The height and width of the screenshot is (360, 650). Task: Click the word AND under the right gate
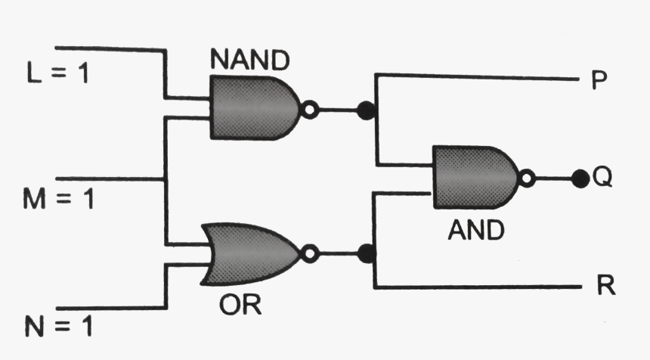click(x=475, y=229)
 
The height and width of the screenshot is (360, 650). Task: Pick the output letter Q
click(x=602, y=178)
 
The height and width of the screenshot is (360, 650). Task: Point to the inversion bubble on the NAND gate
click(x=308, y=110)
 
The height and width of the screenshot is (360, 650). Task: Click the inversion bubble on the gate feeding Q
click(x=528, y=178)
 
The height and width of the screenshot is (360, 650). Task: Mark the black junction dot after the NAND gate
click(x=367, y=110)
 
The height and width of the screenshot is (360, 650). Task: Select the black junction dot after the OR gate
click(x=367, y=253)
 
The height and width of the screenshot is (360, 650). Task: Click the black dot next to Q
click(x=580, y=178)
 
